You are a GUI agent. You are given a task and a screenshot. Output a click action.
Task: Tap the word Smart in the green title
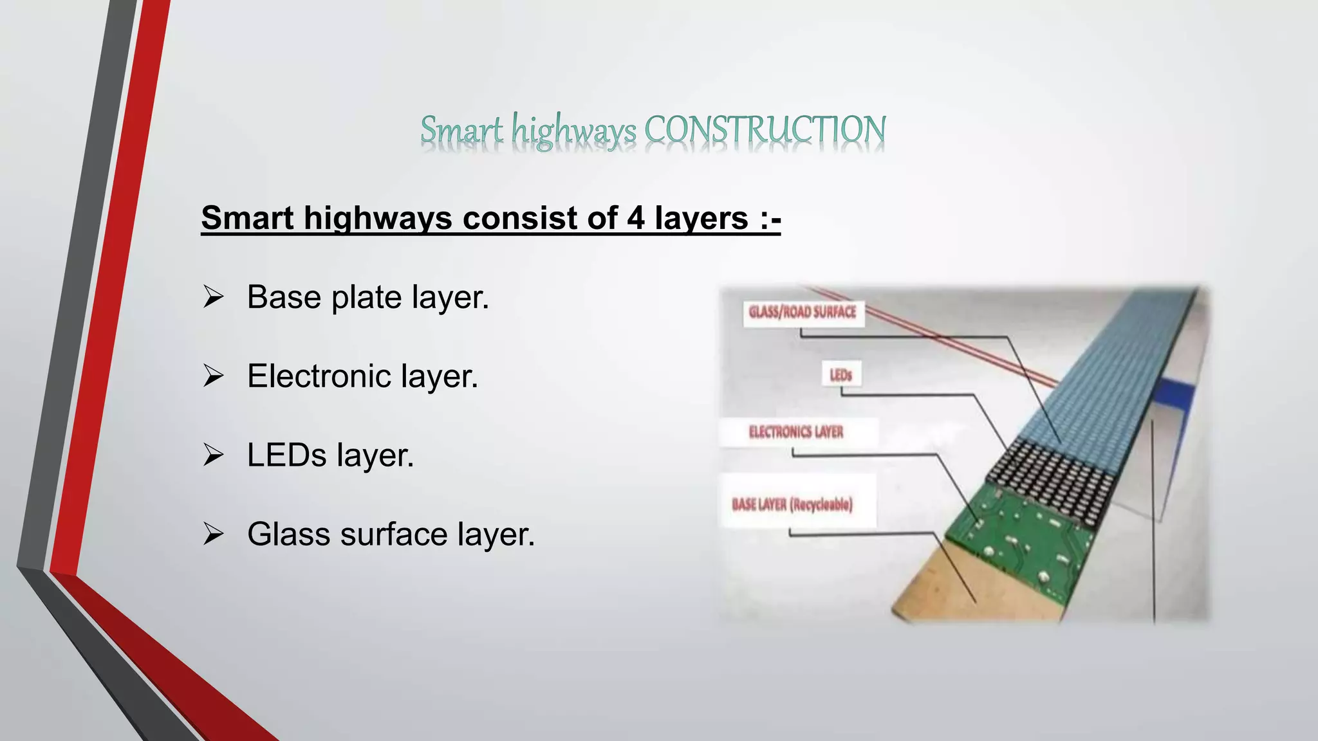pyautogui.click(x=461, y=130)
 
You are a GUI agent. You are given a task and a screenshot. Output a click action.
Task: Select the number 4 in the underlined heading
pyautogui.click(x=635, y=218)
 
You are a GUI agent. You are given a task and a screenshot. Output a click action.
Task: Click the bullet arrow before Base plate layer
pyautogui.click(x=213, y=297)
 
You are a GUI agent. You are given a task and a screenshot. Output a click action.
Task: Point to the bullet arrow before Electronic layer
pyautogui.click(x=213, y=376)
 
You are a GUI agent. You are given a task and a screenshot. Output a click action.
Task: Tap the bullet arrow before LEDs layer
pyautogui.click(x=213, y=455)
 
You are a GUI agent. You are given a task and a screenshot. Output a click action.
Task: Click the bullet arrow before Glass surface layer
pyautogui.click(x=213, y=535)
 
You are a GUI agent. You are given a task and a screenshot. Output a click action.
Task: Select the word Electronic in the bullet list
pyautogui.click(x=319, y=376)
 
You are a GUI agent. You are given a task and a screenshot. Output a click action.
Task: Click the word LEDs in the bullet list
pyautogui.click(x=287, y=455)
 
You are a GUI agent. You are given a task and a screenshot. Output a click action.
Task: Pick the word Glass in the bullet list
pyautogui.click(x=289, y=535)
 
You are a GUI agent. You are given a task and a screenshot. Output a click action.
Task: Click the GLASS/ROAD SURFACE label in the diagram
pyautogui.click(x=803, y=313)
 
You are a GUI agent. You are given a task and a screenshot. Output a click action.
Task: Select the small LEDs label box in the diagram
pyautogui.click(x=840, y=375)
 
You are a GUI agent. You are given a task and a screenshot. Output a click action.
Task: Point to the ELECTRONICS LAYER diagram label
pyautogui.click(x=796, y=432)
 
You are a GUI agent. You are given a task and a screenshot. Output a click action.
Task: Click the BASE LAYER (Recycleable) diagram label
pyautogui.click(x=792, y=504)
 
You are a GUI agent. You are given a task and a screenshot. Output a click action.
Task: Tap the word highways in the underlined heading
pyautogui.click(x=378, y=218)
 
